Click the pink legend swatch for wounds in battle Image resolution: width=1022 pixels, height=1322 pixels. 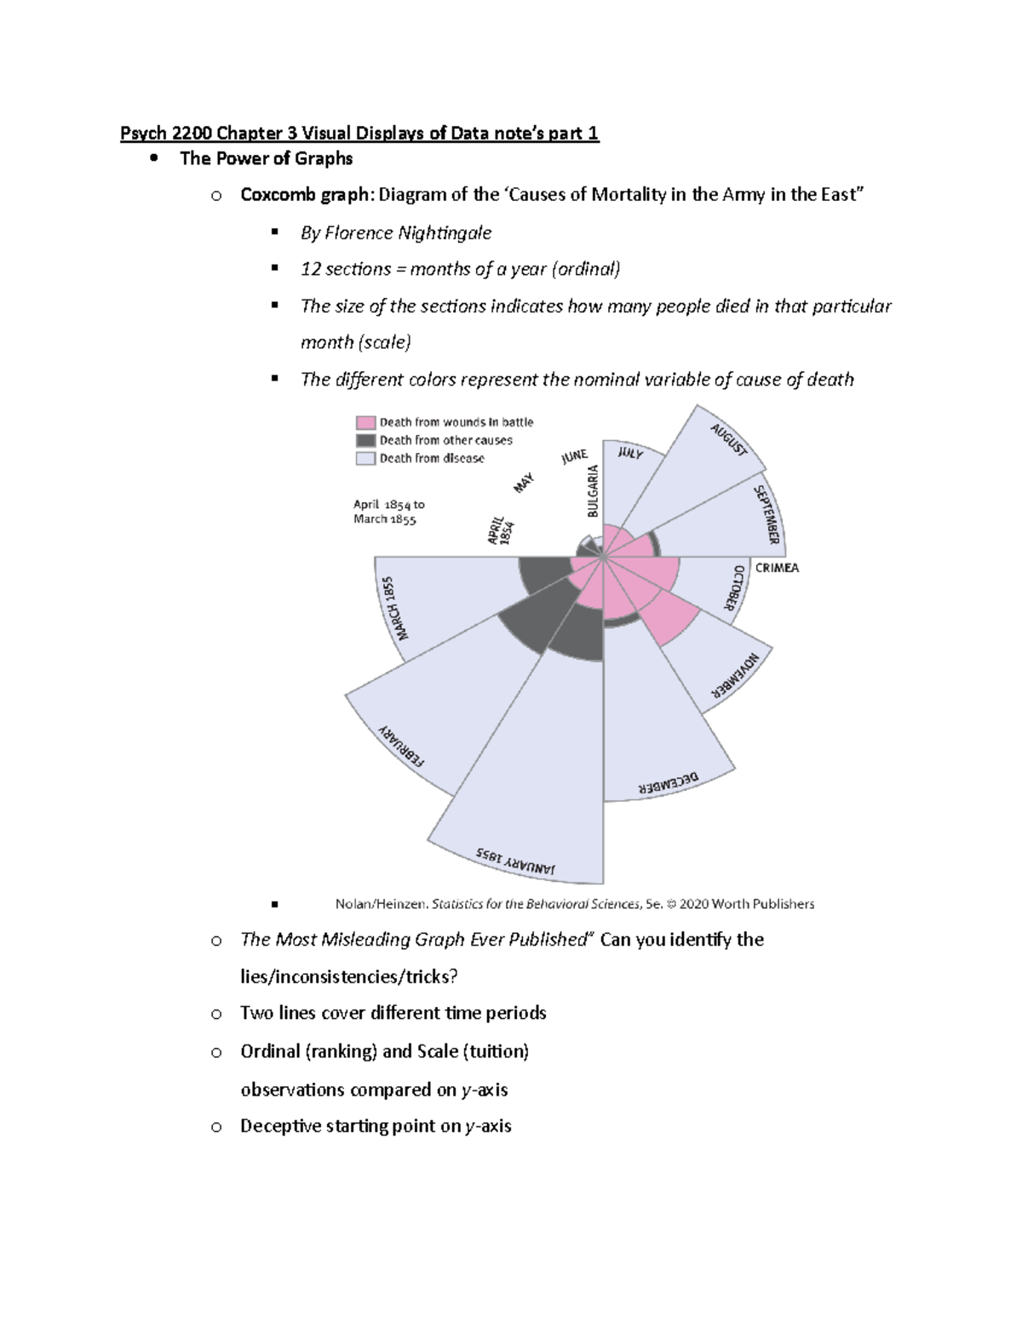365,422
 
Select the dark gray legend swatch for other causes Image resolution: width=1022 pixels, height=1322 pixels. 365,440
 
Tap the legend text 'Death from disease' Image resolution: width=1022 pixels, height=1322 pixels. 432,458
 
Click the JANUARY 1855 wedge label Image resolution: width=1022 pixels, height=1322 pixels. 515,861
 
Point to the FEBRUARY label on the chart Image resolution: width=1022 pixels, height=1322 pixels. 401,747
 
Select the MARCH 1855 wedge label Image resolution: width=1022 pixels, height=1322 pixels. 397,609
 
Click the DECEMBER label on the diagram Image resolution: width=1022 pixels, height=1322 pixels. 669,783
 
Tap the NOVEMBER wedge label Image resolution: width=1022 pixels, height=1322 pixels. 736,677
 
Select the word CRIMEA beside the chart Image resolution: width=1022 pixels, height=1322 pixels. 777,568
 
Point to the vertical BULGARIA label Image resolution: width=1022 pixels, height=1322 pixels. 594,491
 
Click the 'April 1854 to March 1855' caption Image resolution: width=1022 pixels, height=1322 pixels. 388,512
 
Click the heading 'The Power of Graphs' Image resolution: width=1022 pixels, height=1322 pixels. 266,158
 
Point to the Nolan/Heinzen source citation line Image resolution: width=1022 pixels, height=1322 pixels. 574,904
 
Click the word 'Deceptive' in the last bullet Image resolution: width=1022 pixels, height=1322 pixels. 280,1126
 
